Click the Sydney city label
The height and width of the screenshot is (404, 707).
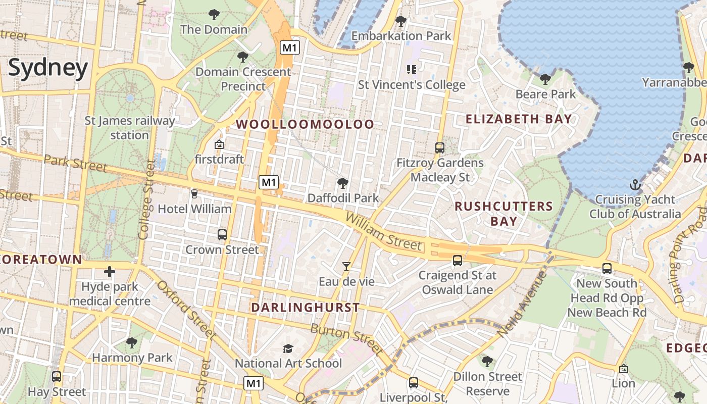(48, 68)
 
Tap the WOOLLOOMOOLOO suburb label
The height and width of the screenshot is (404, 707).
(306, 124)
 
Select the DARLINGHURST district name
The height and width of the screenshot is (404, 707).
(306, 307)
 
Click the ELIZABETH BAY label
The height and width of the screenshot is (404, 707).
(519, 119)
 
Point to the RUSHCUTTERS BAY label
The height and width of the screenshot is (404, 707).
(504, 214)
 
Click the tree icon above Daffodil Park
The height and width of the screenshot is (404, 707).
(343, 183)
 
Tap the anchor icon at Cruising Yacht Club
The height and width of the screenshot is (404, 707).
(635, 185)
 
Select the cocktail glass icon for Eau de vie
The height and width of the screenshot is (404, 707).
(346, 266)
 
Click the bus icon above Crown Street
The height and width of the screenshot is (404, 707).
(222, 234)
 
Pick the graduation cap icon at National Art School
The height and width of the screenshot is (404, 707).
(288, 348)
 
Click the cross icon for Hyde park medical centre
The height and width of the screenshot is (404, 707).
(110, 272)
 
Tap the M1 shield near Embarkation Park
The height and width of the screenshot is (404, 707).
(290, 48)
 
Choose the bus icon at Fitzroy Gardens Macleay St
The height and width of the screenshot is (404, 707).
(440, 148)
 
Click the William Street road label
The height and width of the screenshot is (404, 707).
(384, 232)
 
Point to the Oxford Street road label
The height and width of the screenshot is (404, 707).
(186, 309)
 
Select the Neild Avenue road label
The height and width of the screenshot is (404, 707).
(522, 305)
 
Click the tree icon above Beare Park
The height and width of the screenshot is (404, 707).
(545, 79)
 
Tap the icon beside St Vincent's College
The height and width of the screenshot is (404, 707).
(411, 69)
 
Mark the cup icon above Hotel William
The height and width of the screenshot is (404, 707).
(194, 193)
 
